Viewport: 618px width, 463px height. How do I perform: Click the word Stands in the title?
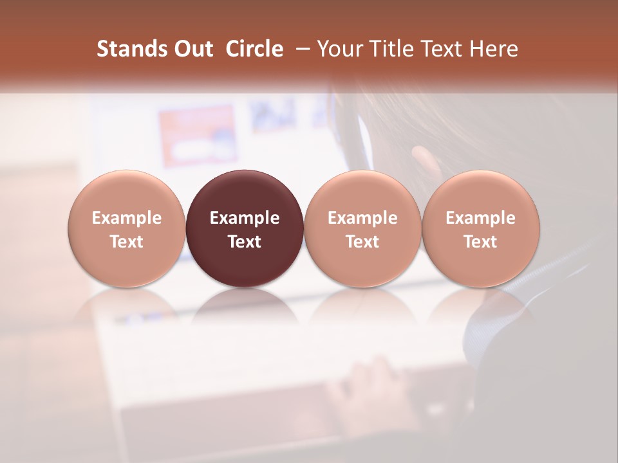coord(131,49)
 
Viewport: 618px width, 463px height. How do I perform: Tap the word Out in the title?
coord(191,49)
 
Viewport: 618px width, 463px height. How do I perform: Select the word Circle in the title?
coord(254,49)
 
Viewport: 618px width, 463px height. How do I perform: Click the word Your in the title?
coord(339,49)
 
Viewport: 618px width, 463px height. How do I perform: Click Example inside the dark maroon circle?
coord(245,218)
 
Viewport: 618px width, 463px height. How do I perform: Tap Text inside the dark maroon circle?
coord(245,242)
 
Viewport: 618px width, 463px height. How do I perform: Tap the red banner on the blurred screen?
coord(197,135)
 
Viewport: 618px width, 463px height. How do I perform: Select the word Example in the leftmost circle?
coord(127,218)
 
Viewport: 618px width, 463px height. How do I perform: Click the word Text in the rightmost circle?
coord(481,242)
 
